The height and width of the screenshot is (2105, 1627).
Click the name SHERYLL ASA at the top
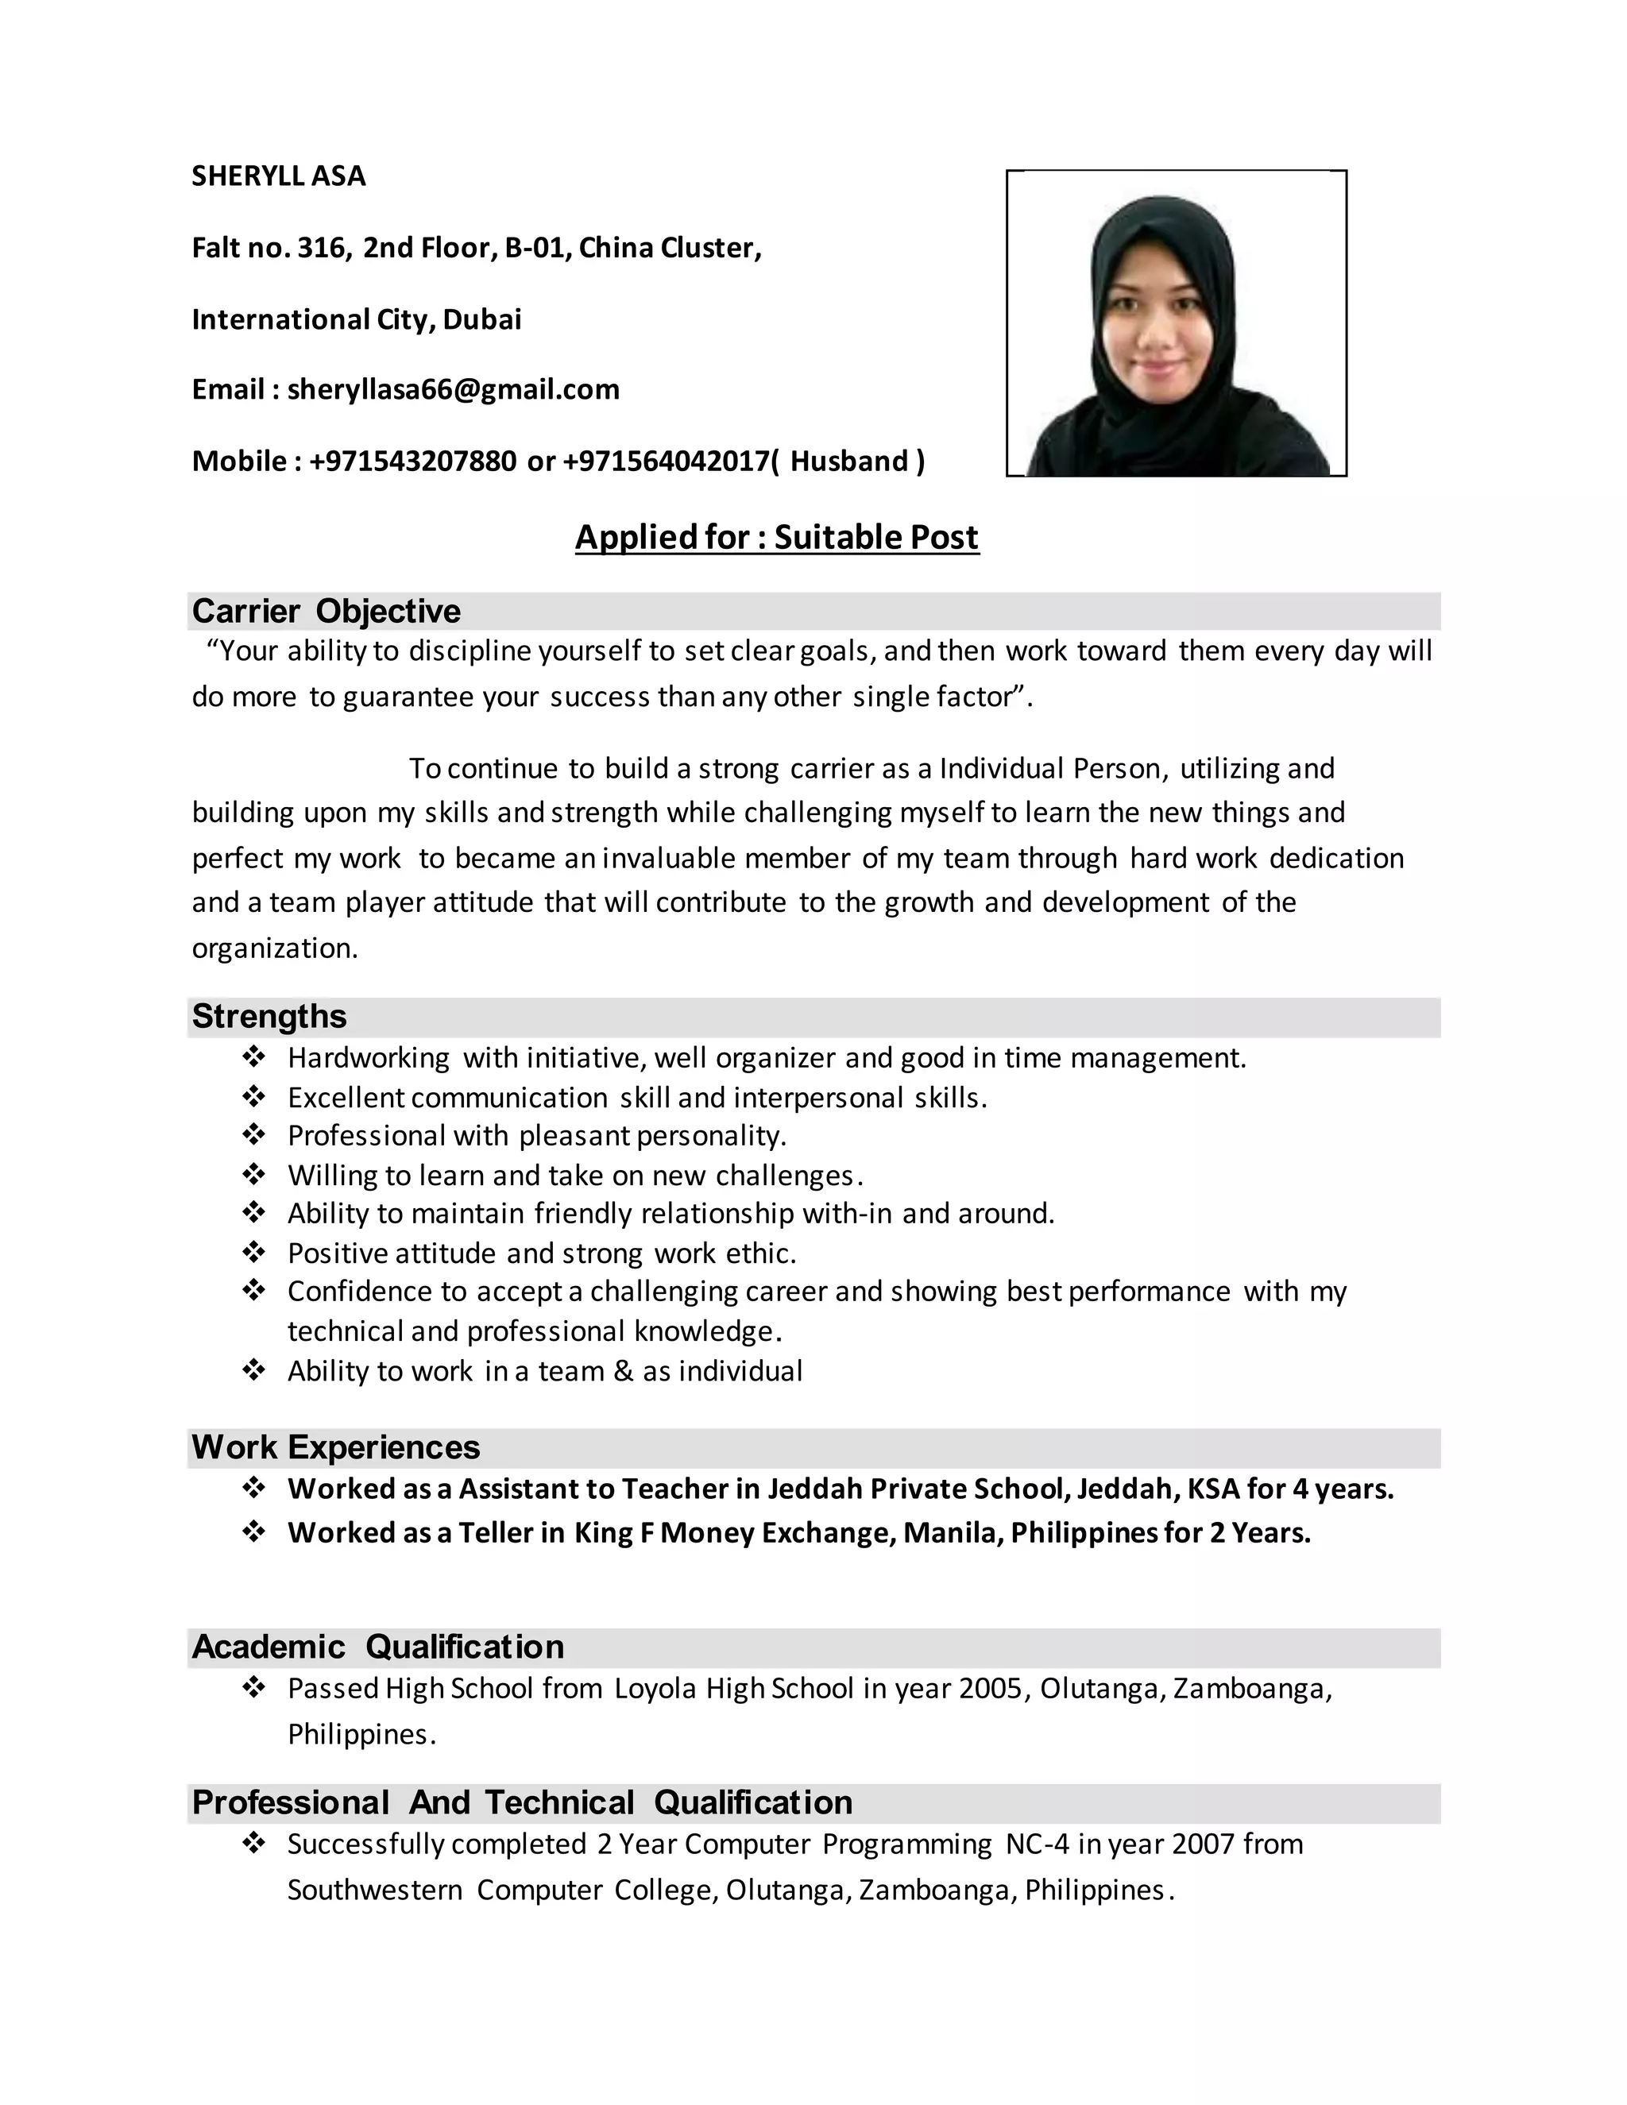[279, 176]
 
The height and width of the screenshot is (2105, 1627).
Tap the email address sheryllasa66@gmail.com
[453, 389]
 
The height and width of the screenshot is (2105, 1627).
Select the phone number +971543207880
[412, 462]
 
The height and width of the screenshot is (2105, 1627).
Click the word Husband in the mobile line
[849, 462]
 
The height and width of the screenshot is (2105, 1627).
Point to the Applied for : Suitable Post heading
[777, 537]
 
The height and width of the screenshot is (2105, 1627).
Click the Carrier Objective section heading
[326, 611]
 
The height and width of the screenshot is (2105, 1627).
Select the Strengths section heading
[269, 1016]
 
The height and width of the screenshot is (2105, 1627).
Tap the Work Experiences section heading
[335, 1446]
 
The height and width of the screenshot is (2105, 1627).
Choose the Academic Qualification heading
[378, 1646]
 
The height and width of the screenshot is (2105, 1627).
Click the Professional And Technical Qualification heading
[521, 1802]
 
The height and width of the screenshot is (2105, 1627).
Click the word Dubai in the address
[482, 319]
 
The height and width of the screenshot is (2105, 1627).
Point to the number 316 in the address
[321, 249]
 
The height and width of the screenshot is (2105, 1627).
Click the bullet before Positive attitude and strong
[253, 1252]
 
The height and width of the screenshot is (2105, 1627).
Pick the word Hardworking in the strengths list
[368, 1058]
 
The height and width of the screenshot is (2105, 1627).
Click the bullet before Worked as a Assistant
[253, 1488]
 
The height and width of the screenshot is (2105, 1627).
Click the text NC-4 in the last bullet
[1037, 1844]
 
